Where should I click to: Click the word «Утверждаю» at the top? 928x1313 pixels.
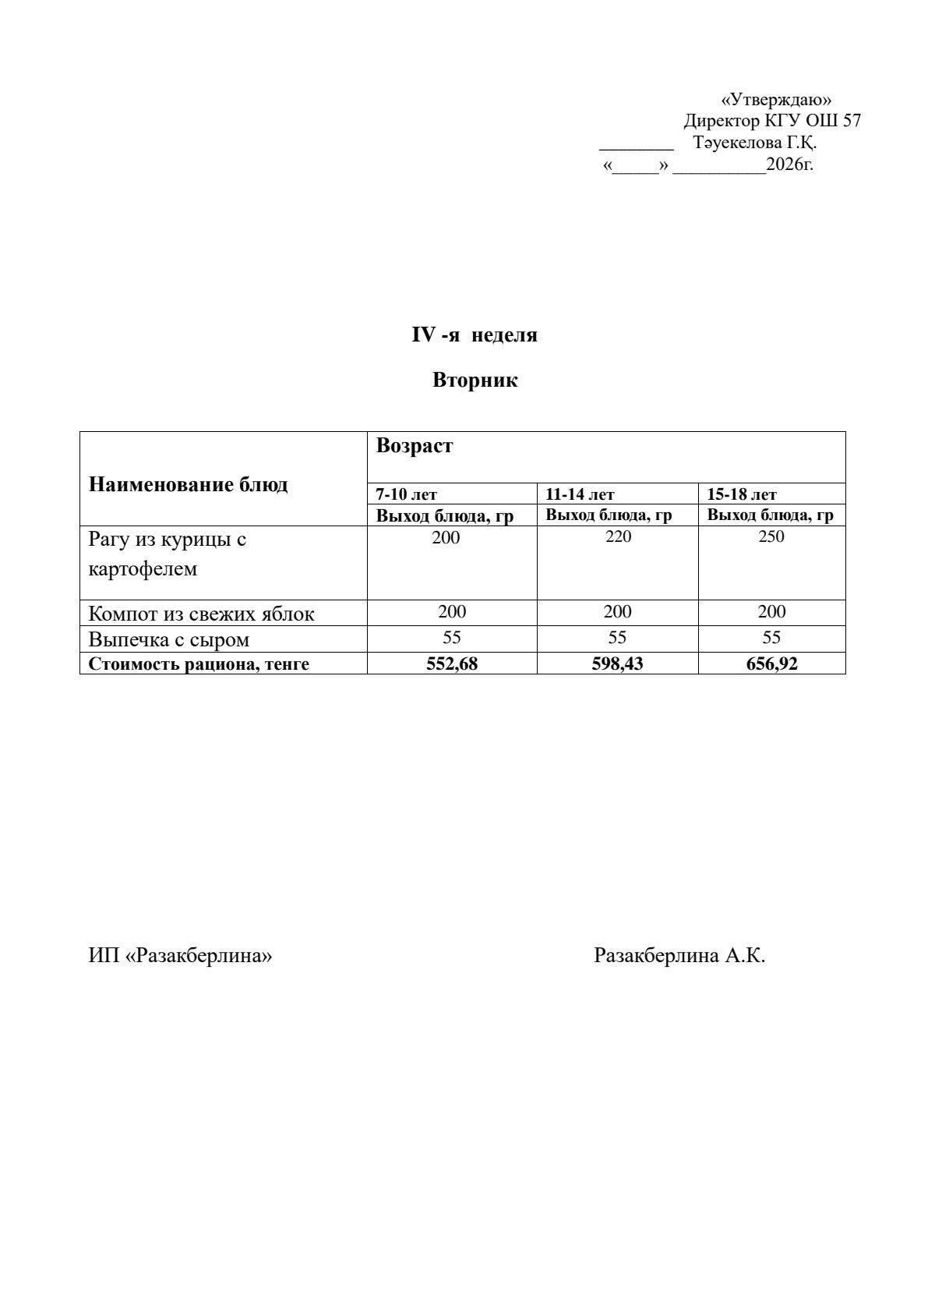pos(776,100)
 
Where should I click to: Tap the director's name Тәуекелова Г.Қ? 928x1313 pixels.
pos(754,143)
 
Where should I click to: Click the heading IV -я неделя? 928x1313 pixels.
pos(475,335)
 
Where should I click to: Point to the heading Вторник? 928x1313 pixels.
pos(475,380)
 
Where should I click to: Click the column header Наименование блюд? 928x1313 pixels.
pos(188,484)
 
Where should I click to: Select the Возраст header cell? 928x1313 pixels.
pos(415,446)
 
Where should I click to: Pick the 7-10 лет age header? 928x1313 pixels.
pos(407,494)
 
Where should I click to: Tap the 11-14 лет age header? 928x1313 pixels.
pos(580,494)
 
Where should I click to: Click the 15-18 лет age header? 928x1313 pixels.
pos(742,494)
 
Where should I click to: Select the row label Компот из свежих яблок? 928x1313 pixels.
pos(201,614)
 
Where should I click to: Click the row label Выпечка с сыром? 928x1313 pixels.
pos(169,640)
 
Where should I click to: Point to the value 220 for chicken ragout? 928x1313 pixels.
pos(618,537)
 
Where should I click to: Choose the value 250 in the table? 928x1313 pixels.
pos(771,537)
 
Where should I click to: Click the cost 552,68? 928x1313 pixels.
pos(452,664)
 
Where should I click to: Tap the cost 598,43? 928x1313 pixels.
pos(618,664)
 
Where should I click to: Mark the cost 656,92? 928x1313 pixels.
pos(771,664)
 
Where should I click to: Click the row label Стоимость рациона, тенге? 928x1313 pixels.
pos(199,664)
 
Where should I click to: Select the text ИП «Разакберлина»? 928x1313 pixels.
pos(180,955)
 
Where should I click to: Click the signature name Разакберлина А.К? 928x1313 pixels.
pos(679,955)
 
